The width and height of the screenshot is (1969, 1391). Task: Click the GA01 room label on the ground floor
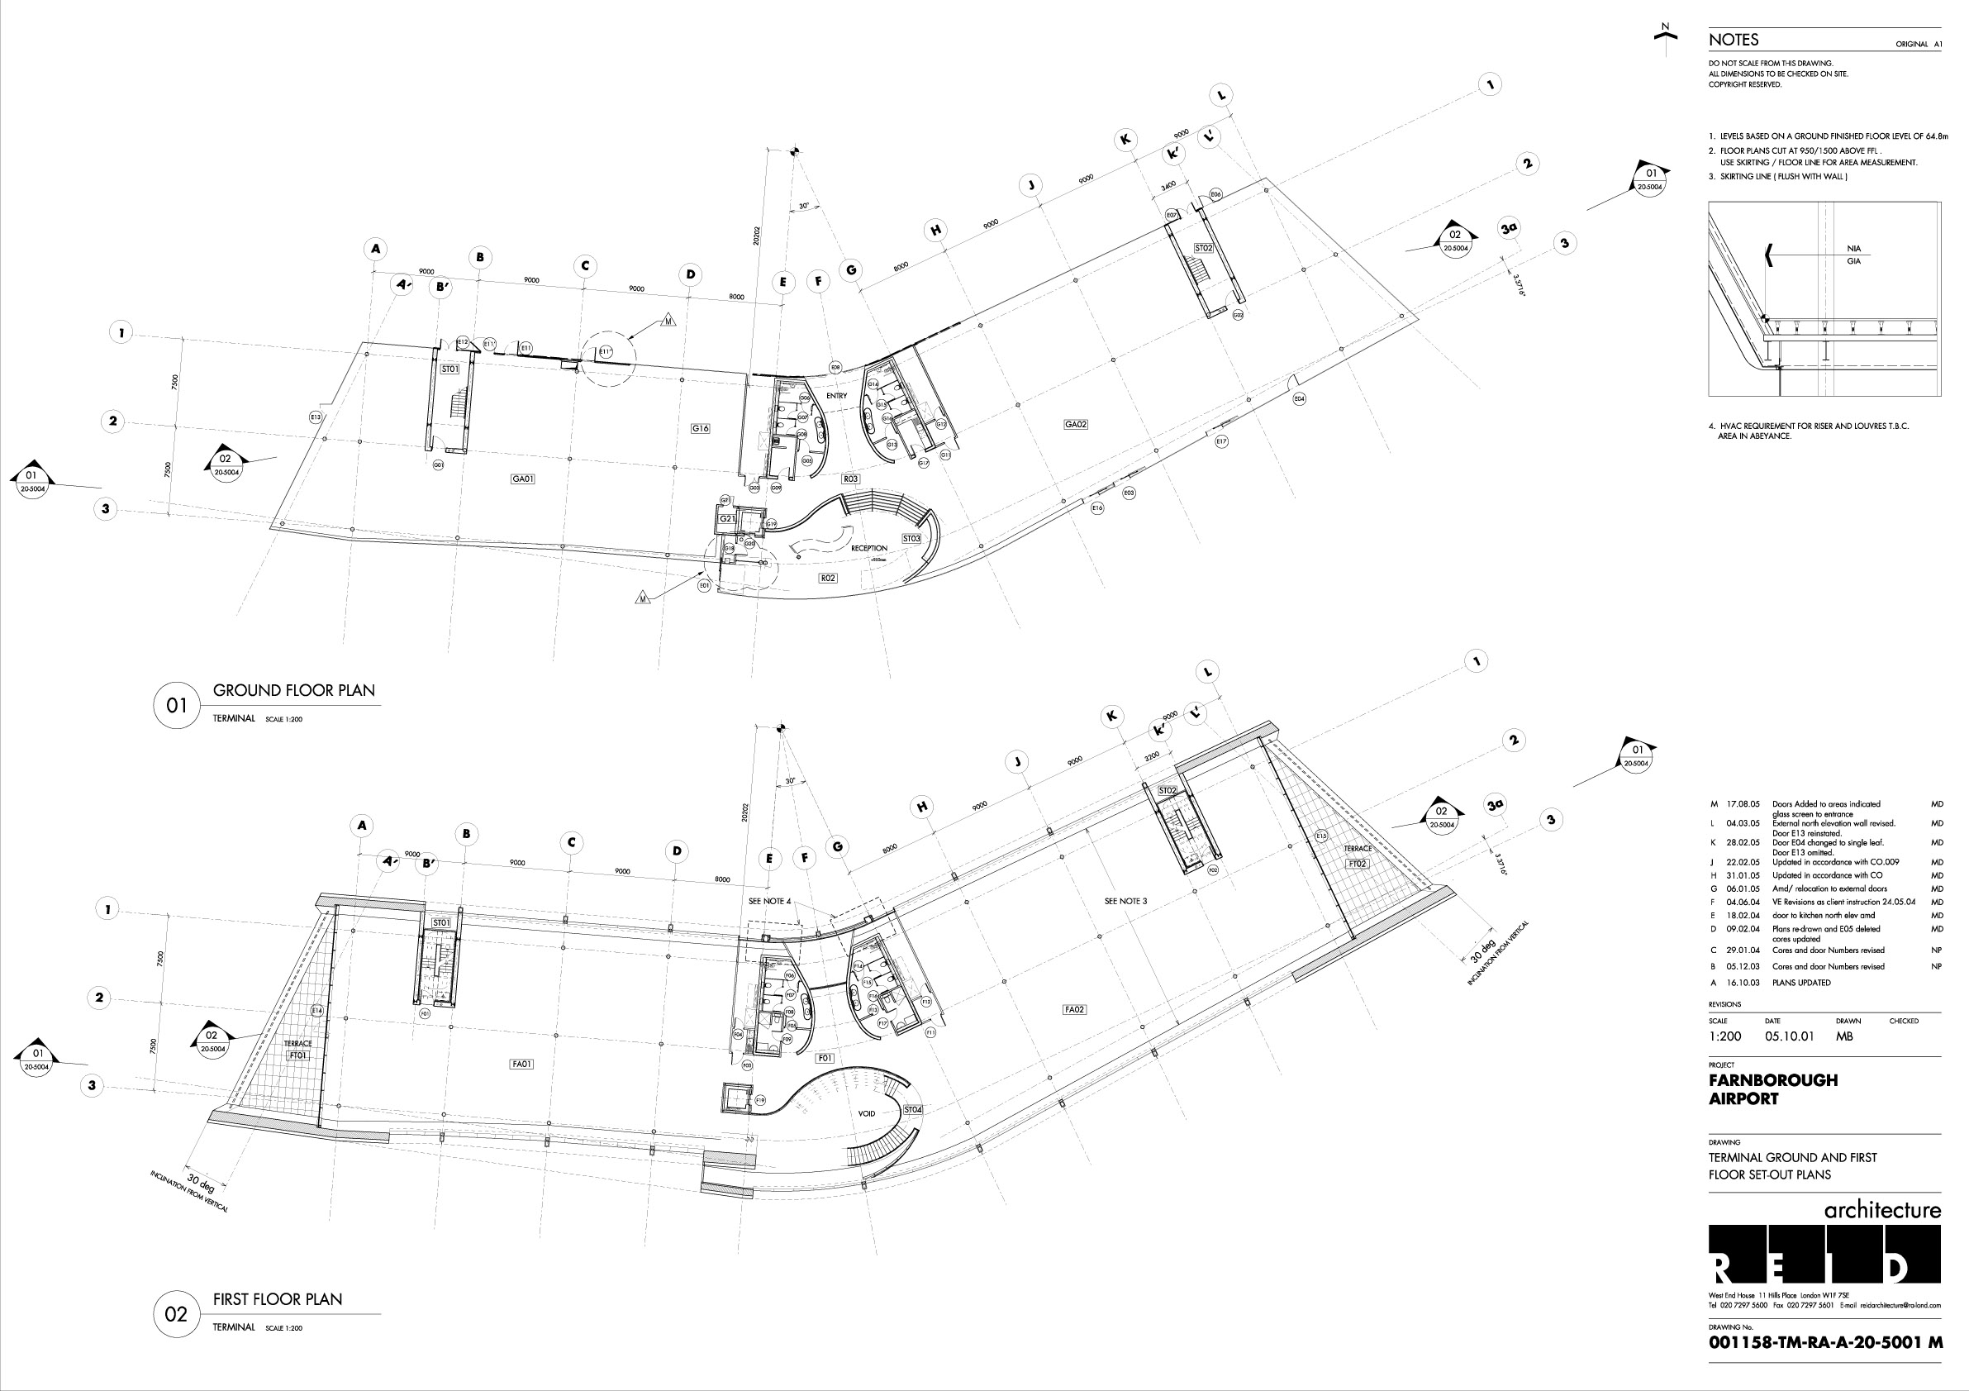tap(522, 479)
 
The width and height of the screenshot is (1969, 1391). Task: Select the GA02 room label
tap(1076, 425)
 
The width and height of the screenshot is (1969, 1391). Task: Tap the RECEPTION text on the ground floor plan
tap(868, 548)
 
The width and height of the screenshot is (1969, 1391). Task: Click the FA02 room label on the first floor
tap(1074, 1009)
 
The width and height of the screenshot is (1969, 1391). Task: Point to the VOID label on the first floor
tap(866, 1113)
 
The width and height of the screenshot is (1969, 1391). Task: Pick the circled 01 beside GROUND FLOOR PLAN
tap(177, 706)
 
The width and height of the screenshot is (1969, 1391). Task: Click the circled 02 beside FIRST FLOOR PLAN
tap(176, 1314)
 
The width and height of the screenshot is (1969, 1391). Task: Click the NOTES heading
tap(1734, 40)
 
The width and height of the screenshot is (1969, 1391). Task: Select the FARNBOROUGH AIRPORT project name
tap(1772, 1089)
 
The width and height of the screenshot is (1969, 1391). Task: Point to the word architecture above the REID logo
tap(1882, 1210)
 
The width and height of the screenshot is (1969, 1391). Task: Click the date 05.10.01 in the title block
tap(1789, 1036)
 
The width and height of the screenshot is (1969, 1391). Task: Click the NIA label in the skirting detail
tap(1853, 250)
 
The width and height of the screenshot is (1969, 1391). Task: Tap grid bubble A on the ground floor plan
tap(375, 250)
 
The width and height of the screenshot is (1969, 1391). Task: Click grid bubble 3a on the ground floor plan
tap(1509, 228)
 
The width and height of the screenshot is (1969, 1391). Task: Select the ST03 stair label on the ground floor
tap(911, 539)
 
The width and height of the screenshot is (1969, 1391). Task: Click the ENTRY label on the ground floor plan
tap(836, 395)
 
